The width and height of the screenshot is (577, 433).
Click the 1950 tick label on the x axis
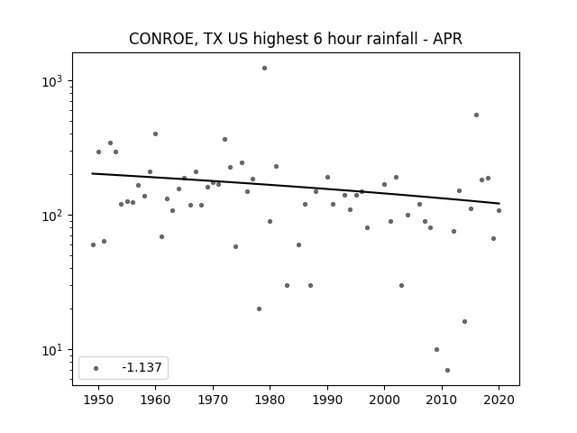(98, 400)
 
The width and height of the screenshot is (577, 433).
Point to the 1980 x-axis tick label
(270, 400)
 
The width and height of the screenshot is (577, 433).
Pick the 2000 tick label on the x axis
(384, 400)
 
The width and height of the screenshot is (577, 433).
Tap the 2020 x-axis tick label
(499, 400)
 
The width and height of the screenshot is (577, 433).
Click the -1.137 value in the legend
(142, 367)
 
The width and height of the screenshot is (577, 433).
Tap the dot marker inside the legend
(96, 368)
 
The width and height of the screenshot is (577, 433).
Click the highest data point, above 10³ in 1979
(264, 69)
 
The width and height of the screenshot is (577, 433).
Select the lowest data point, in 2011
(447, 370)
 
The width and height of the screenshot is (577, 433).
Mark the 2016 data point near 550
(476, 115)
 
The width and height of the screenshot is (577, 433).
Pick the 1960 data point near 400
(155, 134)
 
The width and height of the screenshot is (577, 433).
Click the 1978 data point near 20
(259, 309)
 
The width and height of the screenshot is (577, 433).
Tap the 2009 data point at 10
(436, 349)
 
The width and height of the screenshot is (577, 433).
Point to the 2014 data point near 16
(465, 321)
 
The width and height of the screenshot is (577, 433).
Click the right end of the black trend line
(499, 203)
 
